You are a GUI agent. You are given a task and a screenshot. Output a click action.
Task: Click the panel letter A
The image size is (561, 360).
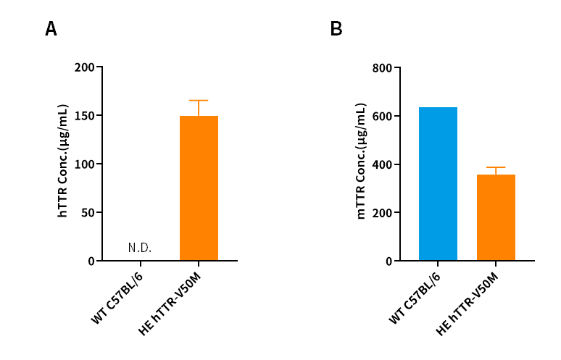pos(51,29)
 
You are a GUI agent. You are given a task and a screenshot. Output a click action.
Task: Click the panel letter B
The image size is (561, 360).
pos(336,29)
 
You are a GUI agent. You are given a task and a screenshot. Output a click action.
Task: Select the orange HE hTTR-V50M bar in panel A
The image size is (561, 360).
pos(199,188)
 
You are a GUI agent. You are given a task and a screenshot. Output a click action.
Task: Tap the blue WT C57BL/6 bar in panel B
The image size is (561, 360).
pos(438,184)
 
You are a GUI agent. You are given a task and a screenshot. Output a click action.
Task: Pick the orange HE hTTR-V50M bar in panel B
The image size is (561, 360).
pos(496,217)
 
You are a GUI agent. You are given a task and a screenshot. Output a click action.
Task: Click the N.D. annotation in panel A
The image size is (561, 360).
pos(140,248)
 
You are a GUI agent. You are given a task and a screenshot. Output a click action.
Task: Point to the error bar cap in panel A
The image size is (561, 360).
pos(199,101)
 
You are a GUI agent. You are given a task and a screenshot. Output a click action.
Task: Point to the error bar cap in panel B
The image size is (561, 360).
pos(496,167)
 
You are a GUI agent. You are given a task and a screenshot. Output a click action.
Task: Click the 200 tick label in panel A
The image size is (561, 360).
pos(85,67)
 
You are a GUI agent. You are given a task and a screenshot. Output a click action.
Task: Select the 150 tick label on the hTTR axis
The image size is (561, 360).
pos(85,116)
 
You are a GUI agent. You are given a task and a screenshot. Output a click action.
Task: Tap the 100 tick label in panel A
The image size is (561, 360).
pos(85,164)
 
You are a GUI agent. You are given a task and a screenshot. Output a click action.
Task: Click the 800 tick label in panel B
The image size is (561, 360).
pos(382,68)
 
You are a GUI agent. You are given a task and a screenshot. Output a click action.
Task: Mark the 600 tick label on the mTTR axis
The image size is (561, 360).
pos(382,116)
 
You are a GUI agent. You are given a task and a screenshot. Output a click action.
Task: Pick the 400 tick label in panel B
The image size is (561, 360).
pos(382,164)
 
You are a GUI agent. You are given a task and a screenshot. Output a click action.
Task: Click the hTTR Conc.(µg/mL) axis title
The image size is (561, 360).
pos(63,162)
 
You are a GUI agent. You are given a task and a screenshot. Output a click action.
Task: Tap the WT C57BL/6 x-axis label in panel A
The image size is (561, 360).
pos(118,298)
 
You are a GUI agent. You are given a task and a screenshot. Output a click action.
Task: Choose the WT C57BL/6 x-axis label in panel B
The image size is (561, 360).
pos(415,298)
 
